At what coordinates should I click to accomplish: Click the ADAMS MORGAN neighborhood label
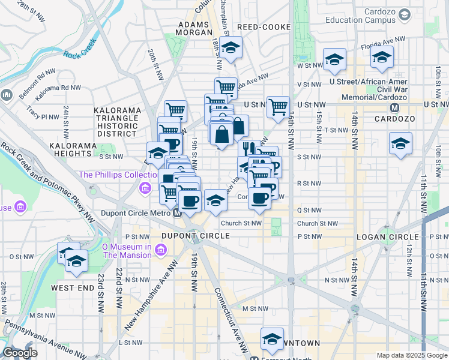(193, 29)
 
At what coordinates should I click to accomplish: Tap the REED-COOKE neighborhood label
(264, 28)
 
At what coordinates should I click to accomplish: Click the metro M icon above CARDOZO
(394, 108)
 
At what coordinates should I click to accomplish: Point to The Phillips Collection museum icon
(145, 190)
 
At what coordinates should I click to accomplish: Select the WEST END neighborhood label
(73, 288)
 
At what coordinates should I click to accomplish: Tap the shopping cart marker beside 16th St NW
(278, 107)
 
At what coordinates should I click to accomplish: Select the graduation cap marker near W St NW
(334, 59)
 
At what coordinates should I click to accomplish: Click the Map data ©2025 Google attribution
(412, 355)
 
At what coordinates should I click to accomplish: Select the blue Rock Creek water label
(79, 49)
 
